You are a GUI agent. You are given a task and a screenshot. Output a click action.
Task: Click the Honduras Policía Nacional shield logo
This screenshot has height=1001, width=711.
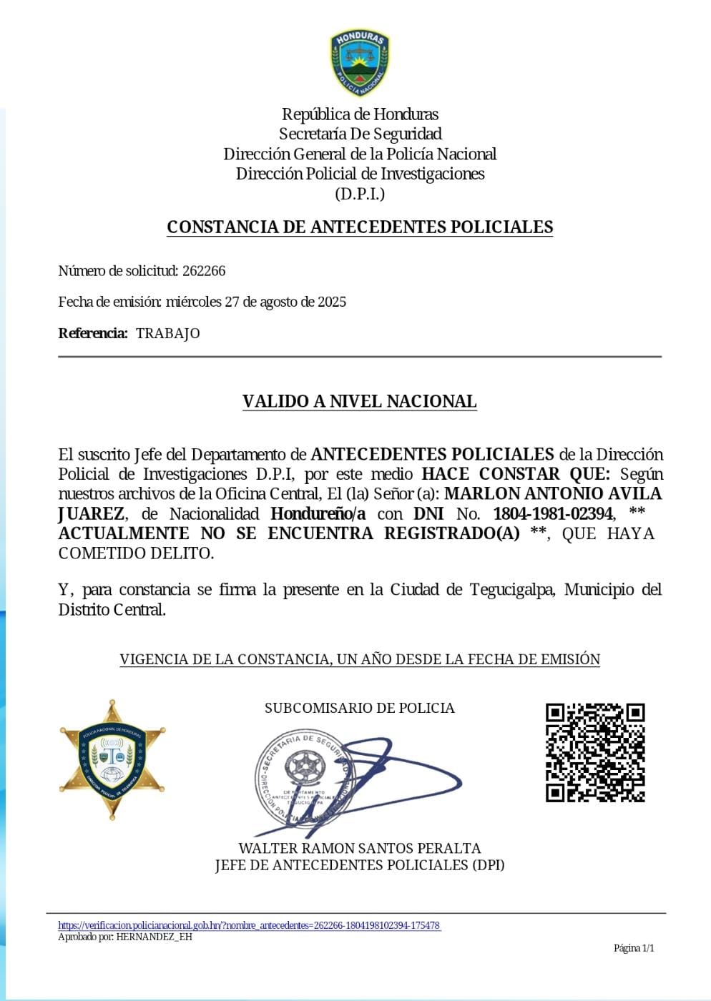360,63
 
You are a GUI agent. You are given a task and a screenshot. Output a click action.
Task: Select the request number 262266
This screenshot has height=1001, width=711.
204,271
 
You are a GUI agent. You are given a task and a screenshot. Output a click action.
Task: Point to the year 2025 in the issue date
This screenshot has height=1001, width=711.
331,302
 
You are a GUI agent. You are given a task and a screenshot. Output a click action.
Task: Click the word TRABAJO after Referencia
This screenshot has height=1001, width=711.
168,333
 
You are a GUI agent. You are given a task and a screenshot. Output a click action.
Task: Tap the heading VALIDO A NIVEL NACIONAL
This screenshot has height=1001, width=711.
359,401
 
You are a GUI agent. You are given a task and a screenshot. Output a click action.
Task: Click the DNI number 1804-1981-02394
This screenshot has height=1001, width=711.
553,513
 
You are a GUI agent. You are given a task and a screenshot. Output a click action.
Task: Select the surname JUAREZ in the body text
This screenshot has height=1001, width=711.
91,513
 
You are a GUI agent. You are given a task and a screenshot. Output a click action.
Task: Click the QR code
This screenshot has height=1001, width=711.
595,752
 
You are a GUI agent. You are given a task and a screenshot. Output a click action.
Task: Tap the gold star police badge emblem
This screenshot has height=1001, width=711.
112,759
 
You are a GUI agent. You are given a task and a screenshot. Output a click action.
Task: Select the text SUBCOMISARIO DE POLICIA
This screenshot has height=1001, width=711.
359,708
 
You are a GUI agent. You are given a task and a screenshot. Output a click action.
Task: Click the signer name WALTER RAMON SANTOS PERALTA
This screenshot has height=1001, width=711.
359,848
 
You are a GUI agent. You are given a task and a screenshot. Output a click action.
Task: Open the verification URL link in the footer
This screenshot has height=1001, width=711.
249,925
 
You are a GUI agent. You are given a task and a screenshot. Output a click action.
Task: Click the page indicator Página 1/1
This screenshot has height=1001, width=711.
634,948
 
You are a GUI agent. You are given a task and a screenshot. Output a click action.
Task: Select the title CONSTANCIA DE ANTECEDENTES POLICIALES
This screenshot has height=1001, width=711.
360,227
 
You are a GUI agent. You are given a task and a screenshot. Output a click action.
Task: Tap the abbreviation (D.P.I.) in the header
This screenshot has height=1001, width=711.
360,194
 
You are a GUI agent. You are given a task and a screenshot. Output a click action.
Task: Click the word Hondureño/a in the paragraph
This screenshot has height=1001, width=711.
318,513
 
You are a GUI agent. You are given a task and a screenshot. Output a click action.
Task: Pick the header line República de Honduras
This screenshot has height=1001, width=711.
360,114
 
